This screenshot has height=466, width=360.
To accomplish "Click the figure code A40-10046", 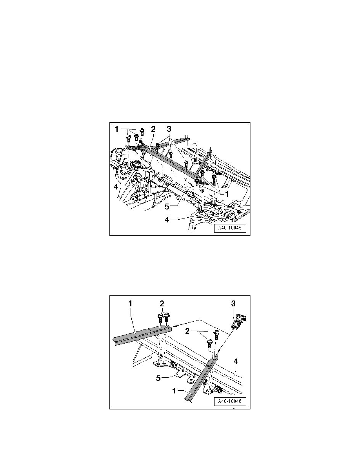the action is pyautogui.click(x=230, y=401).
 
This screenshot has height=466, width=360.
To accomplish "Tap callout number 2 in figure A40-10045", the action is pyautogui.click(x=153, y=129).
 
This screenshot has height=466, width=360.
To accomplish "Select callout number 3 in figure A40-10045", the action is pyautogui.click(x=169, y=129).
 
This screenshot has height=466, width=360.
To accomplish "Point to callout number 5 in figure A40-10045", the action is pyautogui.click(x=167, y=206).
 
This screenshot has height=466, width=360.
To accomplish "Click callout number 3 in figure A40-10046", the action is pyautogui.click(x=233, y=304).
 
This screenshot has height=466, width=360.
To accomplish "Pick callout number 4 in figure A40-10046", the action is pyautogui.click(x=236, y=361).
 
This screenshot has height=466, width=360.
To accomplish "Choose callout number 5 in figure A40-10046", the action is pyautogui.click(x=158, y=378).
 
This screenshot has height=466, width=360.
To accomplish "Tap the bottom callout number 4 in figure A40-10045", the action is pyautogui.click(x=167, y=220).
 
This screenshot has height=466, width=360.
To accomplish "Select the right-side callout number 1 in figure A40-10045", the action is pyautogui.click(x=227, y=194).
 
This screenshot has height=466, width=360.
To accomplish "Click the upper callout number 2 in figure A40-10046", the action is pyautogui.click(x=162, y=304).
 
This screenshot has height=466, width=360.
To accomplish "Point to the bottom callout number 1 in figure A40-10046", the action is pyautogui.click(x=175, y=391).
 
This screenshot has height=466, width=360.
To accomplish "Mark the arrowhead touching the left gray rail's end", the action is pyautogui.click(x=175, y=326).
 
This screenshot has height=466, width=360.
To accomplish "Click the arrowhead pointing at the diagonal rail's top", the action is pyautogui.click(x=216, y=352).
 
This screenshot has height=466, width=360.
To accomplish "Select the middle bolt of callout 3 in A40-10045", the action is pyautogui.click(x=171, y=155).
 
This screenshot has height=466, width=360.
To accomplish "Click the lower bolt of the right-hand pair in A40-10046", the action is pyautogui.click(x=209, y=344).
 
